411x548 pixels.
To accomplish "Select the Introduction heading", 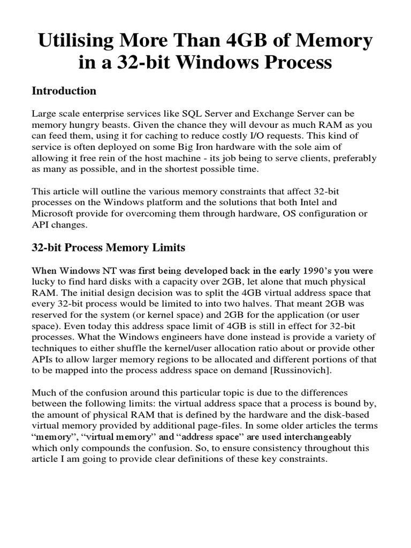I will point(64,91).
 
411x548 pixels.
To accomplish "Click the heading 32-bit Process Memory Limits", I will point(109,248).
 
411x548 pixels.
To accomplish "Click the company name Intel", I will point(323,203).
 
